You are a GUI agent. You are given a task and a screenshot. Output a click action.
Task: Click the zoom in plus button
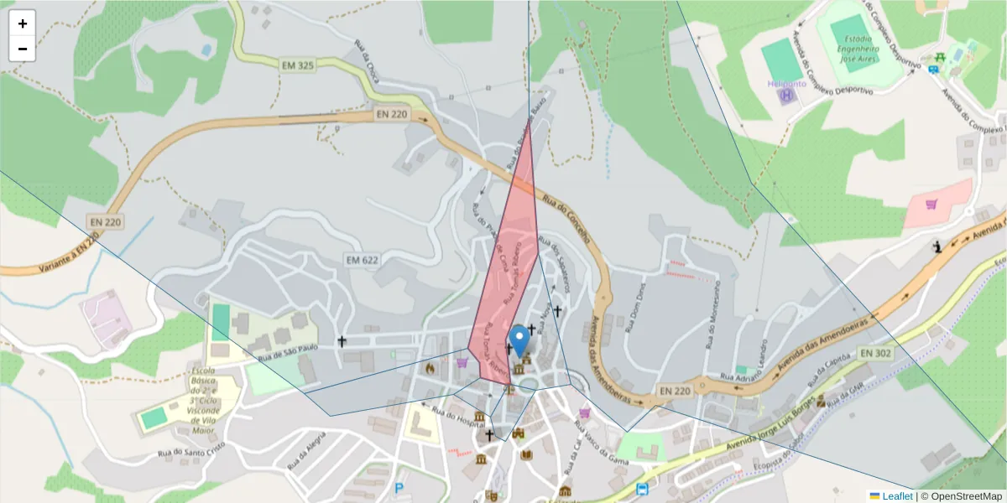coord(23,23)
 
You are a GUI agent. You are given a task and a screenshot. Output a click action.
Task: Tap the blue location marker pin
coord(520,340)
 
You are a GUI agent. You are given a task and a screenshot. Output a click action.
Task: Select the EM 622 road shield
coord(363,260)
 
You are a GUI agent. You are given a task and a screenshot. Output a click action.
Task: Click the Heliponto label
coord(786,84)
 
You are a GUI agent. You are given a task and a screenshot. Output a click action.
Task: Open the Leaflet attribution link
coord(896,496)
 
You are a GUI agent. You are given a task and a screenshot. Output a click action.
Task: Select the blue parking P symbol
coord(399,488)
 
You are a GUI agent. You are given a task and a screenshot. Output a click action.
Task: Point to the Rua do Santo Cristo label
coord(192,450)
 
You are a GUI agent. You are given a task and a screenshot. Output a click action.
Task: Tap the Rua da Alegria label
coord(305,454)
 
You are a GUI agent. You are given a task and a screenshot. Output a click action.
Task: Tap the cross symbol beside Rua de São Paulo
coord(342,341)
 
